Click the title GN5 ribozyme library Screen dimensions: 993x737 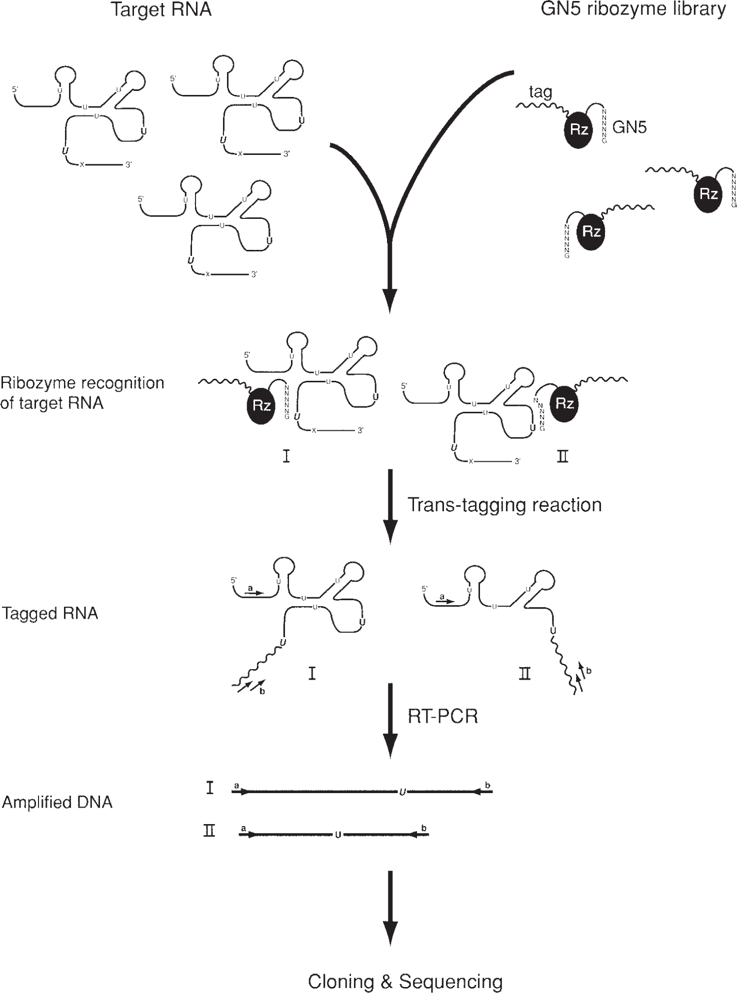tap(633, 9)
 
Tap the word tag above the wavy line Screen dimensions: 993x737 tap(540, 92)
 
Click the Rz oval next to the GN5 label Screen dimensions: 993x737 tap(578, 130)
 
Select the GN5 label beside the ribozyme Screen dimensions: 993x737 tap(629, 127)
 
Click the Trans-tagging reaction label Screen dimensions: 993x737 tap(504, 505)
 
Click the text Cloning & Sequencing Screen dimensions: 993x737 tap(405, 982)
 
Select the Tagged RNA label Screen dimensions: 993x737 tap(50, 613)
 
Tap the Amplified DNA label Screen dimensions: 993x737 tap(57, 802)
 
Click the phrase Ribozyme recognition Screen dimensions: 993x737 tap(82, 383)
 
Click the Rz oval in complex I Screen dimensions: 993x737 tap(261, 405)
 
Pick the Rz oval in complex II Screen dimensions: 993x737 tap(564, 403)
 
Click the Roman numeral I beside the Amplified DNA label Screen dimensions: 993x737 tap(210, 789)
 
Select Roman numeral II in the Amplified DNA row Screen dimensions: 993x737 tap(209, 832)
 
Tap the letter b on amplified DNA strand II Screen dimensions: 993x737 tap(424, 829)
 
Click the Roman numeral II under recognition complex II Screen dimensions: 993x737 tap(562, 456)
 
